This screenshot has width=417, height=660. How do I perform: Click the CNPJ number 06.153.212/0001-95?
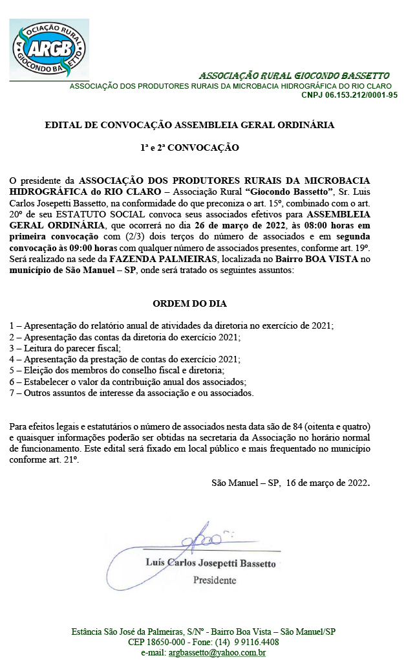pos(349,95)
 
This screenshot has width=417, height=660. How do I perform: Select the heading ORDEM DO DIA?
pos(189,303)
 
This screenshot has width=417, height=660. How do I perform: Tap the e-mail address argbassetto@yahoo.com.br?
pos(217,653)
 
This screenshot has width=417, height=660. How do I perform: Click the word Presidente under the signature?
pos(215,580)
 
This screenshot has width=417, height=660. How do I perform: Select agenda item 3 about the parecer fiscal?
pos(70,347)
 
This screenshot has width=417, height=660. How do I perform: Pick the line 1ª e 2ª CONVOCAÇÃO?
pos(189,148)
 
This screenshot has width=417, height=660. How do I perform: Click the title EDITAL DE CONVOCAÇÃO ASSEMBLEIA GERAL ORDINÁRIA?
pos(189,125)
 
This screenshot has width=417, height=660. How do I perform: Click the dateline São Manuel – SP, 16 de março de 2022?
pos(291,483)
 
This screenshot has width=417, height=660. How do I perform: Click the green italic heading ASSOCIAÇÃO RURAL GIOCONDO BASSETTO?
pos(294,76)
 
